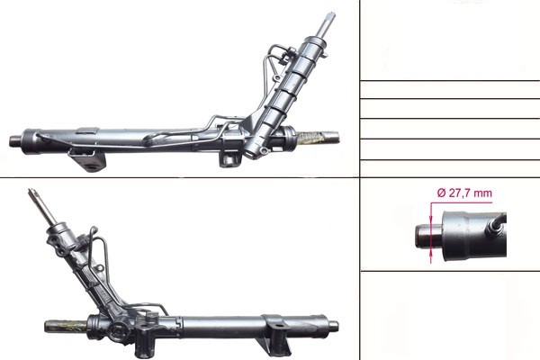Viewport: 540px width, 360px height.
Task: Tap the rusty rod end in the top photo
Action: click(x=318, y=138)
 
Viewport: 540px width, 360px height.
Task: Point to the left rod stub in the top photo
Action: click(x=14, y=140)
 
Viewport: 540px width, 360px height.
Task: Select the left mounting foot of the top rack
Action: click(x=87, y=160)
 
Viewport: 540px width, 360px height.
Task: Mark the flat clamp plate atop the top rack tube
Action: click(x=87, y=130)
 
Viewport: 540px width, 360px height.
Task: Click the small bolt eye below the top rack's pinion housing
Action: click(x=264, y=150)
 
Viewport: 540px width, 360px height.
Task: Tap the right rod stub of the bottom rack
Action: click(x=333, y=326)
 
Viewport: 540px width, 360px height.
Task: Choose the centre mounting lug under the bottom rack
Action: click(x=144, y=342)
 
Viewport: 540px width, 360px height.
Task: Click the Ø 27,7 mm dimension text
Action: click(x=464, y=193)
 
